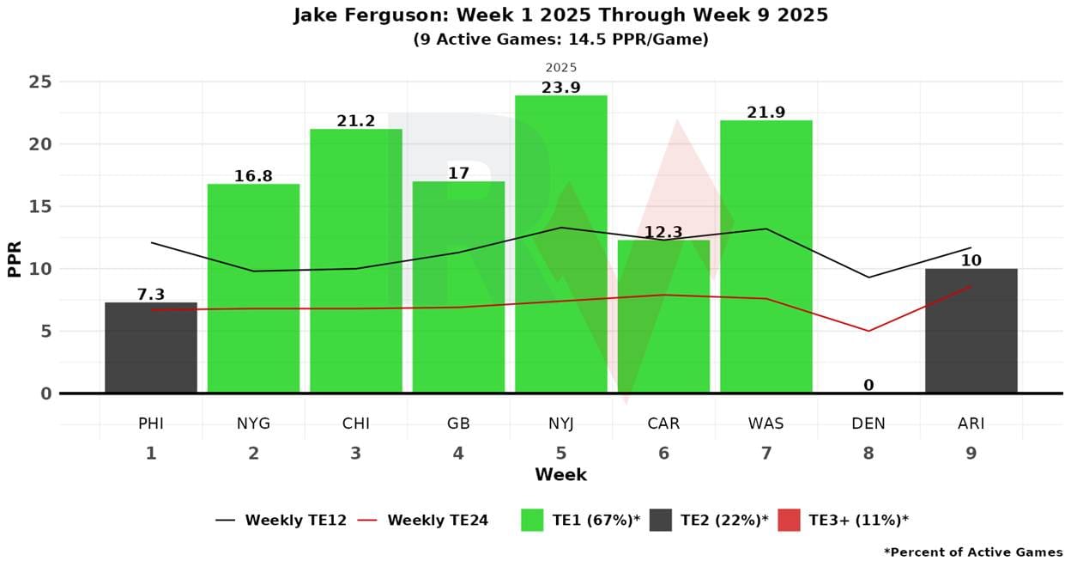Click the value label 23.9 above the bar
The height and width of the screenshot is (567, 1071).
click(560, 88)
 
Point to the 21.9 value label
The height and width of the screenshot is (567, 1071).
click(765, 113)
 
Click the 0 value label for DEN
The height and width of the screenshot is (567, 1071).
click(868, 385)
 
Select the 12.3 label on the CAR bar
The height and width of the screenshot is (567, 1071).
click(663, 232)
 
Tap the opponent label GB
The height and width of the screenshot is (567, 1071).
click(458, 424)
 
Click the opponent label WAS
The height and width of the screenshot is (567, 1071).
click(765, 424)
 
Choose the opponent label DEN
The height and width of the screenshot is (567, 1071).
click(868, 424)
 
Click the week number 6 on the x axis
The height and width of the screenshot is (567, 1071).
click(663, 453)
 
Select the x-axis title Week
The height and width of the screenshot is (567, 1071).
click(560, 474)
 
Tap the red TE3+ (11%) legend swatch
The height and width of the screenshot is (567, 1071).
click(789, 520)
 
